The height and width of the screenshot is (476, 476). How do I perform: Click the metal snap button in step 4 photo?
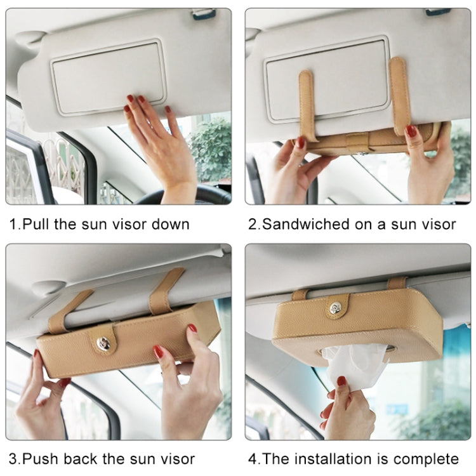click(335, 308)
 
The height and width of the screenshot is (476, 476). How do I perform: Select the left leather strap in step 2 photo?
click(307, 102)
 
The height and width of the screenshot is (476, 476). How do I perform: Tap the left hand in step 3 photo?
click(44, 403)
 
